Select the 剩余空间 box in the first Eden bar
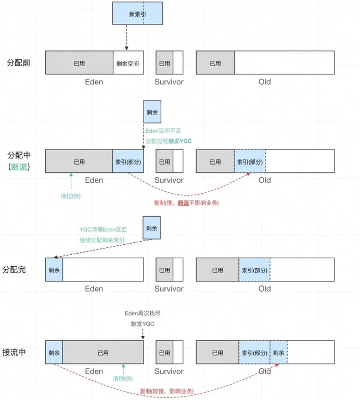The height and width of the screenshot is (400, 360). tap(128, 63)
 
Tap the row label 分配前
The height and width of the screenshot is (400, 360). tap(19, 63)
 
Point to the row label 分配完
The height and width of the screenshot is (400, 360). tap(19, 270)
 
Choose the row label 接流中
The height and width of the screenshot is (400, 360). tap(19, 352)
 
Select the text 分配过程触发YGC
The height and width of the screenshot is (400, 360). tap(169, 141)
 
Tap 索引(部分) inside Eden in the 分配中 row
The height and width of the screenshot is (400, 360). tap(128, 161)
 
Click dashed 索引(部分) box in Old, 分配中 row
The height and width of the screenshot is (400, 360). tap(250, 161)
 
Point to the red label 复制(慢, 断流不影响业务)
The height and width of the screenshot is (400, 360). tap(186, 203)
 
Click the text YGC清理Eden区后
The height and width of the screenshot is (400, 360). tap(103, 230)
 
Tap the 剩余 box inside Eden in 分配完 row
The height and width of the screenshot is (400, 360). tap(54, 270)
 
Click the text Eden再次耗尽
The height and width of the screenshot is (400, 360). tap(143, 313)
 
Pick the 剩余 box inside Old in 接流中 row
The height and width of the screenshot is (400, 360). tap(278, 353)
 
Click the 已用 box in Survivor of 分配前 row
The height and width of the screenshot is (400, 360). tap(164, 63)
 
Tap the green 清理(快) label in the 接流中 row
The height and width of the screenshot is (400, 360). tap(123, 379)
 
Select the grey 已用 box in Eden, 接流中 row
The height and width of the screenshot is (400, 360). tap(103, 353)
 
